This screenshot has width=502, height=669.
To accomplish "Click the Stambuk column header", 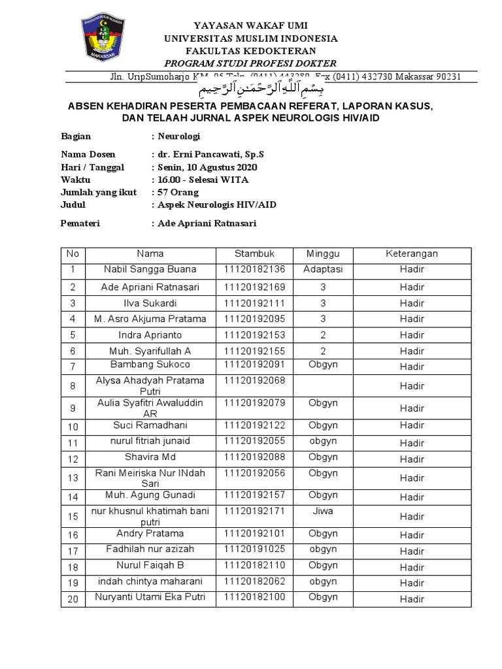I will [254, 253].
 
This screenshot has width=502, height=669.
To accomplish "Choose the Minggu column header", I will [318, 253].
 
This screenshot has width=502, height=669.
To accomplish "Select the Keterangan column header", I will [412, 253].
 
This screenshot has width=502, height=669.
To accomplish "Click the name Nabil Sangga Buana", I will [150, 269].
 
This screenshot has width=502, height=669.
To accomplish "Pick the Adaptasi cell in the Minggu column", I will [318, 269].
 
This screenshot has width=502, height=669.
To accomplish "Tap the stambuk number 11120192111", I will [254, 303].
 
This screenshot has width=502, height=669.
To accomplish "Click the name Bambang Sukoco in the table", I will [150, 364].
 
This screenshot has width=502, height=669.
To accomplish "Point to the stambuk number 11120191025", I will [254, 549].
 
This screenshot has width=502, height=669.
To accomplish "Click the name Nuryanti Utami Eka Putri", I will [150, 597].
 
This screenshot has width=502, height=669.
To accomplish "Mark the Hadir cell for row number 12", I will [412, 459].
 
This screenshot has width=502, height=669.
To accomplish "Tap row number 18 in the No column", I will [73, 567].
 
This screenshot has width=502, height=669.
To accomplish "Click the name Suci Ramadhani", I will [150, 425].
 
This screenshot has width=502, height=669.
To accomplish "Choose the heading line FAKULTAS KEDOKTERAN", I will [250, 51].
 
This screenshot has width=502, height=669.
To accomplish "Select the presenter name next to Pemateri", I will [207, 223].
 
